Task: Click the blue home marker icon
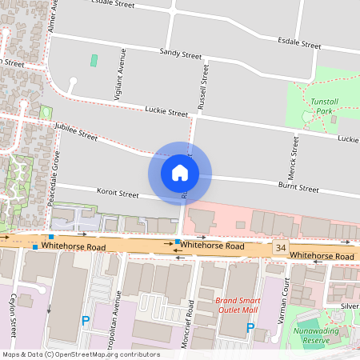pyautogui.click(x=179, y=173)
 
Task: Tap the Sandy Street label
pyautogui.click(x=181, y=55)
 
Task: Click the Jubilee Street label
pyautogui.click(x=75, y=132)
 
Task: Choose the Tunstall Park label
pyautogui.click(x=326, y=107)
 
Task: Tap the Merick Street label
pyautogui.click(x=295, y=157)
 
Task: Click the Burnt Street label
pyautogui.click(x=298, y=188)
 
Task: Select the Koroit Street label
pyautogui.click(x=118, y=194)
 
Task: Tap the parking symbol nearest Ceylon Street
pyautogui.click(x=85, y=321)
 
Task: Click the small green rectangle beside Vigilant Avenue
pyautogui.click(x=94, y=60)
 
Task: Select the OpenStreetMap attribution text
pyautogui.click(x=80, y=354)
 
